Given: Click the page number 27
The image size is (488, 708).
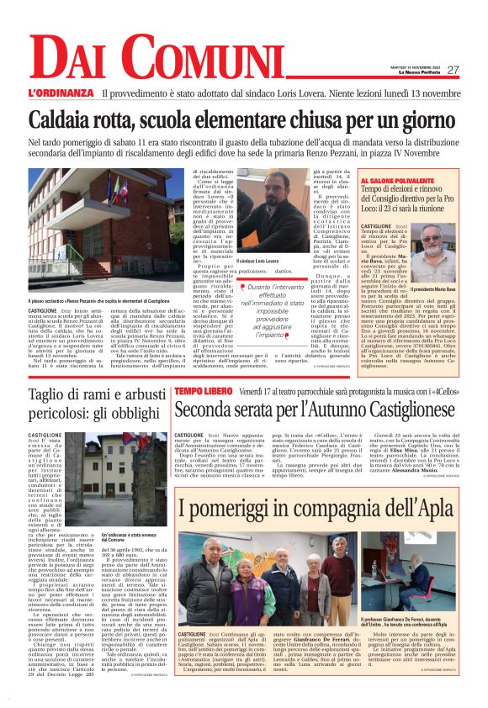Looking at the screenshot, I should (x=453, y=70).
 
